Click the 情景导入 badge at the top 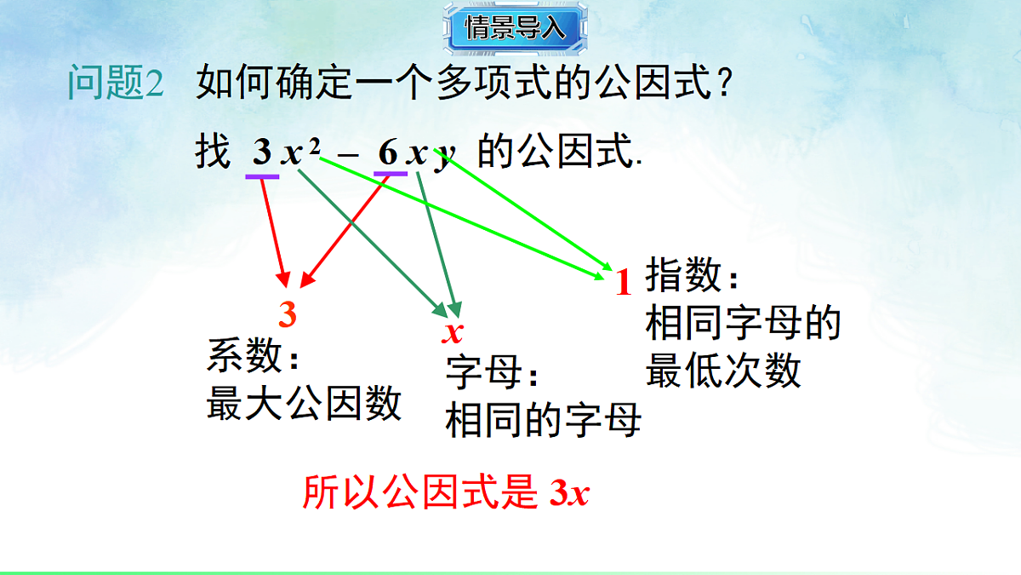pyautogui.click(x=515, y=27)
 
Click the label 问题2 pyautogui.click(x=115, y=84)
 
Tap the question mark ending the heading pyautogui.click(x=723, y=84)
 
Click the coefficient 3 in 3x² pyautogui.click(x=262, y=153)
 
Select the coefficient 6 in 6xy pyautogui.click(x=388, y=153)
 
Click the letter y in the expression pyautogui.click(x=444, y=158)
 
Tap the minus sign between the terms pyautogui.click(x=347, y=155)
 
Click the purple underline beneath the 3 pyautogui.click(x=262, y=175)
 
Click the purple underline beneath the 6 pyautogui.click(x=391, y=175)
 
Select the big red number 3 pyautogui.click(x=288, y=315)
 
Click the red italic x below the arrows pyautogui.click(x=453, y=332)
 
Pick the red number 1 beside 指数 pyautogui.click(x=624, y=283)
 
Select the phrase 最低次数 pyautogui.click(x=723, y=371)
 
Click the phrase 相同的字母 pyautogui.click(x=543, y=421)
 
